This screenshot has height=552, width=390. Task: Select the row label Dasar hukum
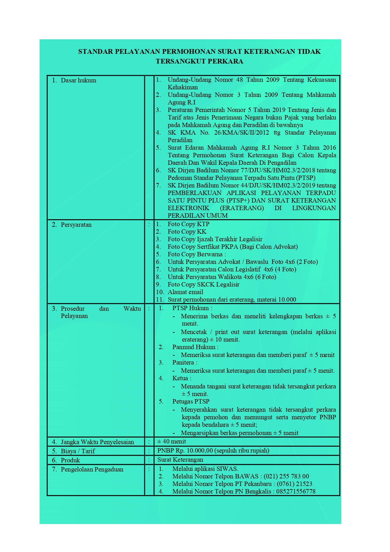click(x=78, y=81)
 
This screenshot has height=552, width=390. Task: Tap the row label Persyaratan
click(x=76, y=225)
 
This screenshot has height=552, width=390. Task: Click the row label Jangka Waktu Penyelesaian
click(x=97, y=442)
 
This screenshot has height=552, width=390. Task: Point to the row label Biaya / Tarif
click(x=78, y=451)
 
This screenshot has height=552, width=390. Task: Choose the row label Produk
click(x=70, y=460)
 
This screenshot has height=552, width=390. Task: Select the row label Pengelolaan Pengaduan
click(x=92, y=469)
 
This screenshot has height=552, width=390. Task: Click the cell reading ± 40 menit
click(x=172, y=442)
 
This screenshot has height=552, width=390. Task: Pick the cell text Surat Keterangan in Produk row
click(x=180, y=460)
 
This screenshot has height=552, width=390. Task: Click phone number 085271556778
click(x=296, y=492)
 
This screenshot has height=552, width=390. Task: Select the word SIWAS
click(x=227, y=469)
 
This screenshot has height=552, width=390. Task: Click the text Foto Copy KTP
click(x=188, y=224)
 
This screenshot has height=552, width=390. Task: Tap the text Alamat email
click(x=185, y=292)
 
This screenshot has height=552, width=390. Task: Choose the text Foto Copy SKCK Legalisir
click(x=203, y=285)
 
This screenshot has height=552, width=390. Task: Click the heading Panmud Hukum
click(x=195, y=347)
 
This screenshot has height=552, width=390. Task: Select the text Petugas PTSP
click(x=191, y=402)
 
